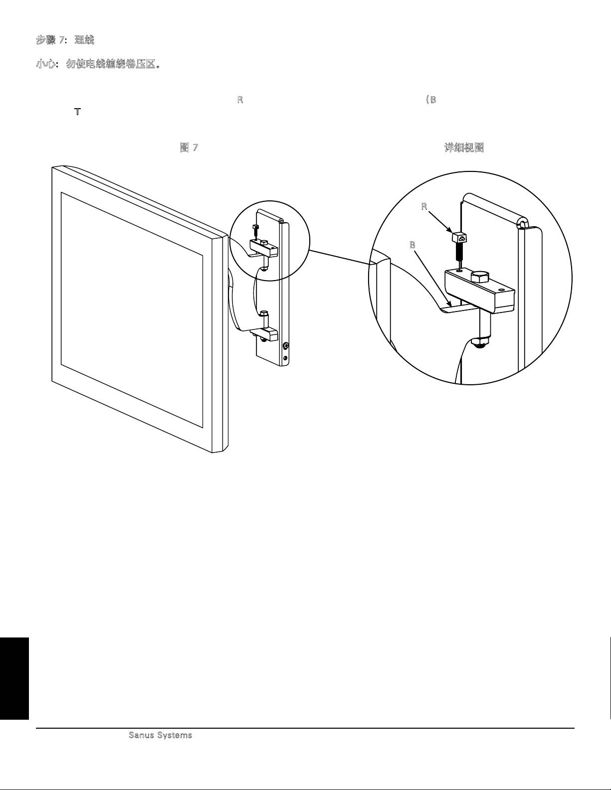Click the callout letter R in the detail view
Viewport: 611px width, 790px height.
click(424, 207)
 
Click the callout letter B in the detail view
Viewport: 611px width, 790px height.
click(412, 245)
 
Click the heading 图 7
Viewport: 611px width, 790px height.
click(189, 148)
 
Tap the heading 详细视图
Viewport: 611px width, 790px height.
click(464, 148)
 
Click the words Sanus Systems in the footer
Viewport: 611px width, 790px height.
click(161, 735)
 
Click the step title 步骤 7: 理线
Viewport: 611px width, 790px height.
click(65, 40)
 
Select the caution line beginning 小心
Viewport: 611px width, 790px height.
click(98, 65)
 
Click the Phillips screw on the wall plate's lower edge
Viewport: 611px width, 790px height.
click(285, 345)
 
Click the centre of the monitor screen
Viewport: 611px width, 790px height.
click(132, 309)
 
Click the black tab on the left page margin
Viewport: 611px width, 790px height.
click(14, 678)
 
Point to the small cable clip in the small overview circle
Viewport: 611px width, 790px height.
click(256, 229)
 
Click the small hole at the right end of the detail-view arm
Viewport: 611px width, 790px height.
click(501, 289)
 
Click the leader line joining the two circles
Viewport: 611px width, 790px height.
click(339, 257)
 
